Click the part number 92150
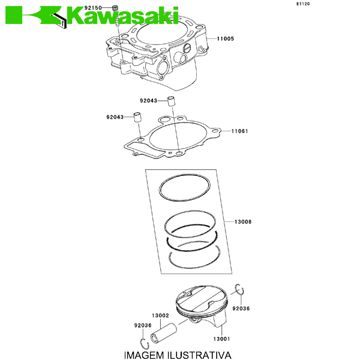93,8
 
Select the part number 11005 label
226,38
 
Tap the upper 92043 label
149,101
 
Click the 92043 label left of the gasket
115,117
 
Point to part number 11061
239,131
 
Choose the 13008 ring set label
243,222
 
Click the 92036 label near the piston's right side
241,308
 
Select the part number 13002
160,316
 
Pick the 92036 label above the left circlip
143,325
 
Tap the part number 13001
221,339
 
